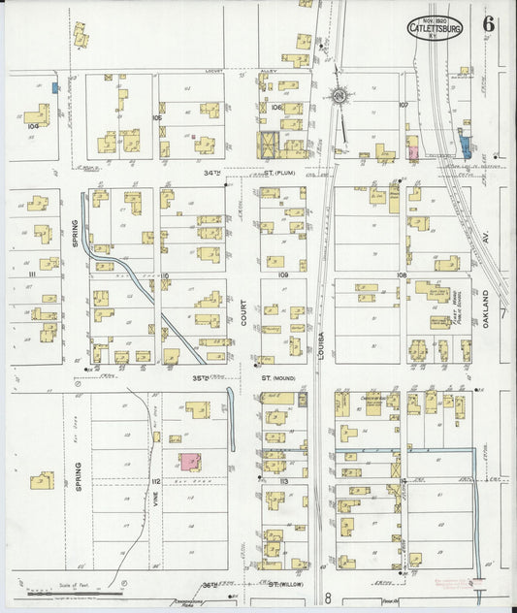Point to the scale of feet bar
[x=74, y=591]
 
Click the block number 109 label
[x=283, y=276]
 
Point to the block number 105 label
[x=156, y=117]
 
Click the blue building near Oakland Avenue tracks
[x=465, y=147]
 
